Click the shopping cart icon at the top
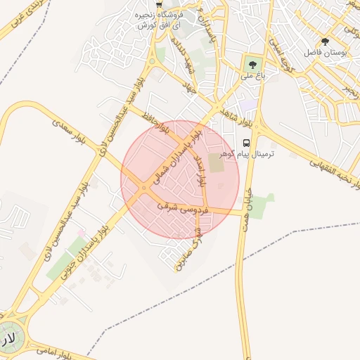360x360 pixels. pyautogui.click(x=160, y=4)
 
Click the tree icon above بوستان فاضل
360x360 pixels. pyautogui.click(x=325, y=41)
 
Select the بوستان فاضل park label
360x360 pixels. pyautogui.click(x=324, y=53)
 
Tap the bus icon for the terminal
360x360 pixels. pyautogui.click(x=245, y=143)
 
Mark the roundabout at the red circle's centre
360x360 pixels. pyautogui.click(x=144, y=188)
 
